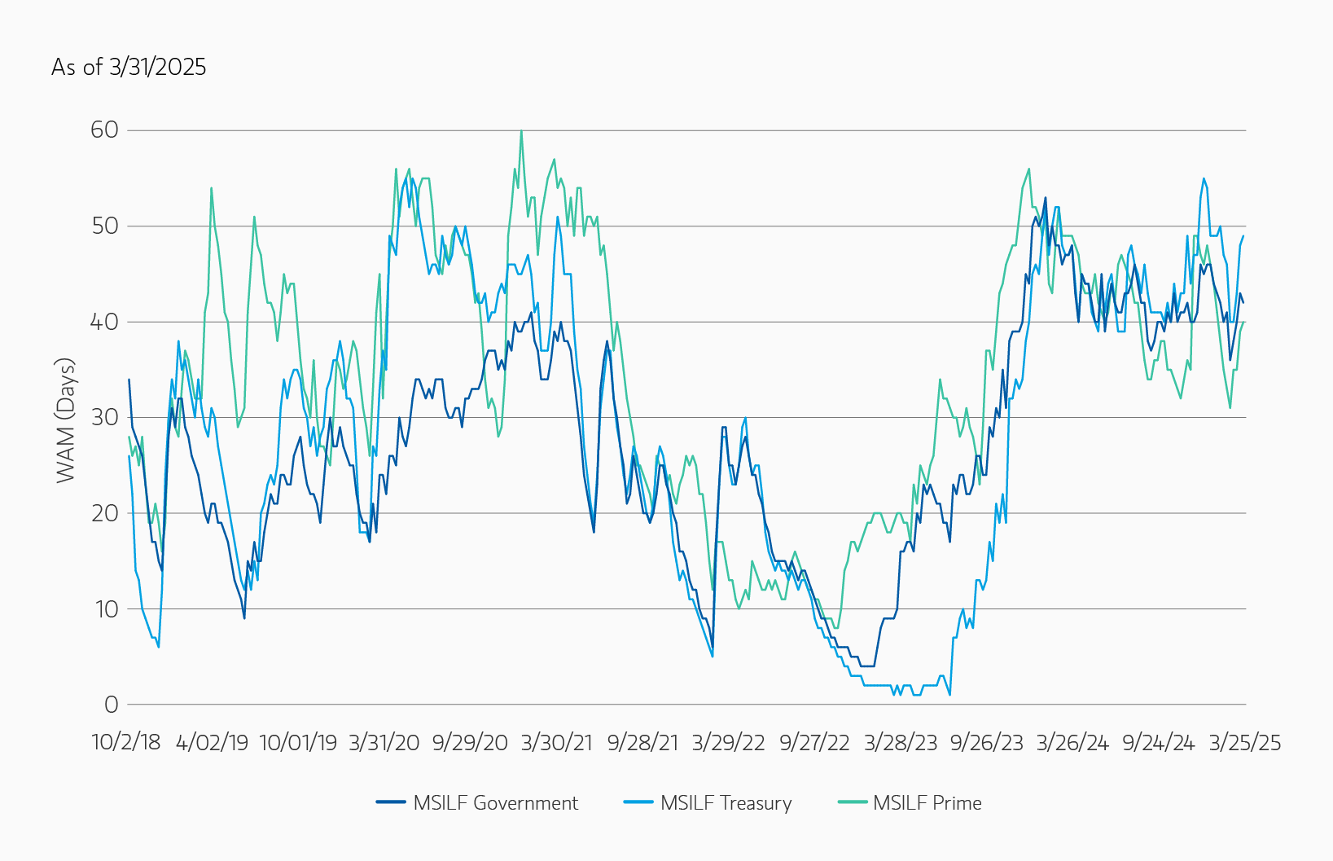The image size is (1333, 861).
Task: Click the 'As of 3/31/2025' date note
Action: pyautogui.click(x=129, y=67)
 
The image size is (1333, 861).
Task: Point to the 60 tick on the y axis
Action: pyautogui.click(x=104, y=130)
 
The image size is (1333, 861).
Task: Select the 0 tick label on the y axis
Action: pyautogui.click(x=111, y=705)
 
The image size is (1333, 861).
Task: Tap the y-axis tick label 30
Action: pyautogui.click(x=104, y=418)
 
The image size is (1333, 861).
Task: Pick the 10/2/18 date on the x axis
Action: pyautogui.click(x=126, y=743)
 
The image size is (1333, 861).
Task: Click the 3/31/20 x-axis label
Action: pyautogui.click(x=384, y=743)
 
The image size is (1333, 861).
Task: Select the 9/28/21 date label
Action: pyautogui.click(x=642, y=743)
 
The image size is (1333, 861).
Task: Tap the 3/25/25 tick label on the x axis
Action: pyautogui.click(x=1244, y=743)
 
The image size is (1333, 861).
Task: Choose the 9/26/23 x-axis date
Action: pyautogui.click(x=986, y=743)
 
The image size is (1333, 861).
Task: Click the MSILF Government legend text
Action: pyautogui.click(x=495, y=803)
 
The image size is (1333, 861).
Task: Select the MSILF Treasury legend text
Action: pyautogui.click(x=726, y=803)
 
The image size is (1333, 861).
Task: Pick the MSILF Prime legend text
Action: pyautogui.click(x=927, y=803)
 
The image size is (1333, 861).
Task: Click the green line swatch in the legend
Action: pyautogui.click(x=853, y=802)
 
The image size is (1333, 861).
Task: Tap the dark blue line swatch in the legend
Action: pyautogui.click(x=391, y=802)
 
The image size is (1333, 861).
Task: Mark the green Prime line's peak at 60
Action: pyautogui.click(x=521, y=131)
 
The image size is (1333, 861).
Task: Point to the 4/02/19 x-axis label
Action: pyautogui.click(x=212, y=743)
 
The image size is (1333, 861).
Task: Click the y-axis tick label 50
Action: pyautogui.click(x=104, y=226)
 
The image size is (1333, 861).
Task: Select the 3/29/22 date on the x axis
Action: pyautogui.click(x=729, y=743)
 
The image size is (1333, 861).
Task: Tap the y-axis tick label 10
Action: pyautogui.click(x=106, y=609)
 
